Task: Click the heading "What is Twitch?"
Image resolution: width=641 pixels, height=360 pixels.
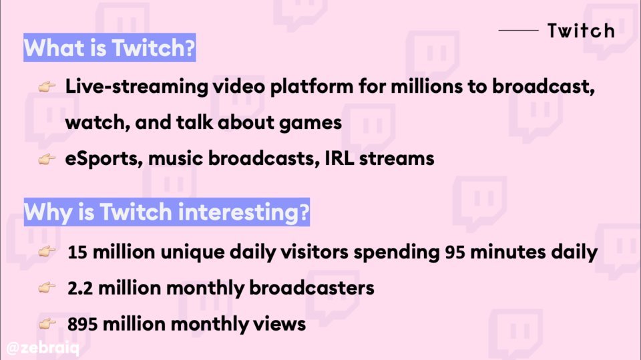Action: pyautogui.click(x=110, y=47)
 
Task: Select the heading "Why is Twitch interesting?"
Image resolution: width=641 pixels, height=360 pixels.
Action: pyautogui.click(x=166, y=212)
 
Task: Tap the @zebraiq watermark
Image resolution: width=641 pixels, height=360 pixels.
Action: pyautogui.click(x=43, y=348)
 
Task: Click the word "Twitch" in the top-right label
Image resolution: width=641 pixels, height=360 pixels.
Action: pyautogui.click(x=581, y=31)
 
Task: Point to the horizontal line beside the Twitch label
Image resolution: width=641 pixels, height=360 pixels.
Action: pyautogui.click(x=518, y=30)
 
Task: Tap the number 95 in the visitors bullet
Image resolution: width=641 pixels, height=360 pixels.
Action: pyautogui.click(x=455, y=252)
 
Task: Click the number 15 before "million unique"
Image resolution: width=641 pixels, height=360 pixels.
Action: pyautogui.click(x=77, y=252)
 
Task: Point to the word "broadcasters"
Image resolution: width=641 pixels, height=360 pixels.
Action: pyautogui.click(x=312, y=288)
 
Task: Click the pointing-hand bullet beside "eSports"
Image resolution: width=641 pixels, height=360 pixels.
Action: pyautogui.click(x=47, y=159)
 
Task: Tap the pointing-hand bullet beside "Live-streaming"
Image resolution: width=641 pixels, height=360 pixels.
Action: pyautogui.click(x=47, y=87)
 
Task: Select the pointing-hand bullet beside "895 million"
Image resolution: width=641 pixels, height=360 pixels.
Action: pyautogui.click(x=47, y=324)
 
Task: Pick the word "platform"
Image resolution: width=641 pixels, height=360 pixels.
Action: pyautogui.click(x=312, y=87)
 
